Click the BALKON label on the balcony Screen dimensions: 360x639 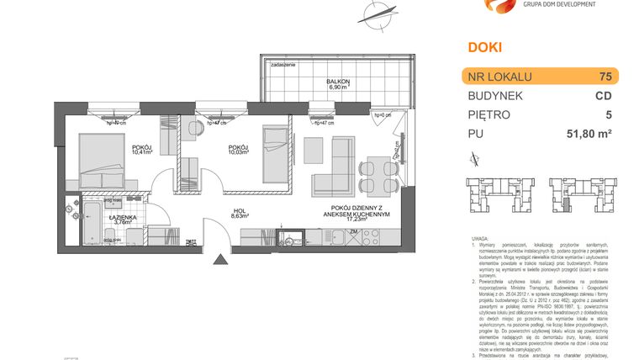[339, 81]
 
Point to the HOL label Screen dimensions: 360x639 [240, 213]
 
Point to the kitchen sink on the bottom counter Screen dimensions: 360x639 [293, 239]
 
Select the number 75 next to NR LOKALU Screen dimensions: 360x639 [604, 77]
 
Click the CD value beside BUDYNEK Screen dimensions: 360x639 [603, 96]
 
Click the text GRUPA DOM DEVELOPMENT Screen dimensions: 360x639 [559, 4]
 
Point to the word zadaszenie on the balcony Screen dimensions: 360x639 [283, 64]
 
